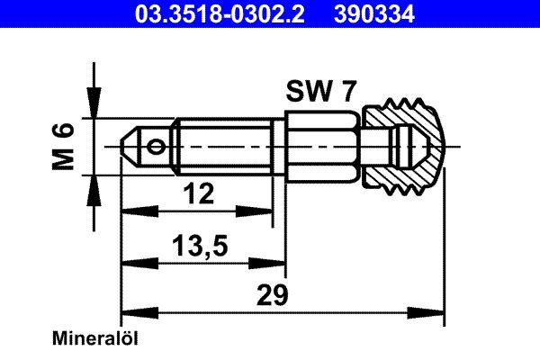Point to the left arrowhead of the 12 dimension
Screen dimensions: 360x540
click(130, 211)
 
